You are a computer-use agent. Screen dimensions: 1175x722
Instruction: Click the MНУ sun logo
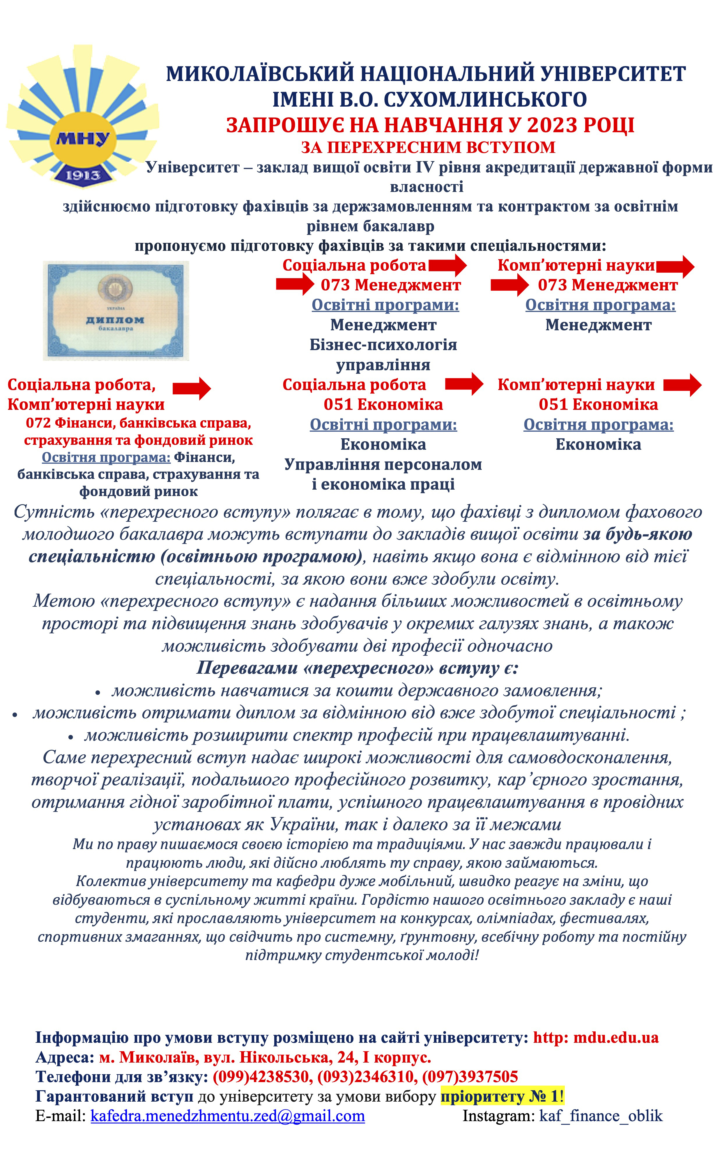coord(82,117)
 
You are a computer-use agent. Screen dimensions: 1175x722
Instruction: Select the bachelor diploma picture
coord(116,310)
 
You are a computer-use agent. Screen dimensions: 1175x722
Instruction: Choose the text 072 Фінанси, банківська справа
coord(139,423)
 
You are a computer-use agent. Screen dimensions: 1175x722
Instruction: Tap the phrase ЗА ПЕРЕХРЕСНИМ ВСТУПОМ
coord(428,147)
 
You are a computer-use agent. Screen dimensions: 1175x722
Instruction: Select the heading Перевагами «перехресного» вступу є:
coord(357,668)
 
